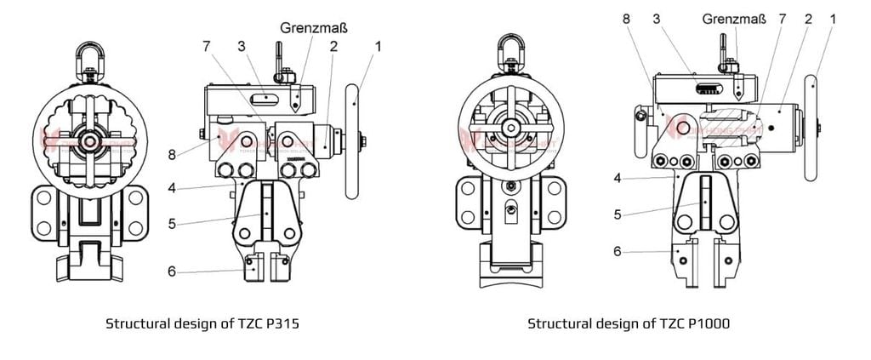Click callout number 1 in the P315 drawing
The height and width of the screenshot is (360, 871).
(379, 47)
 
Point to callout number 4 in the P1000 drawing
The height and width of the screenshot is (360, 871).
(618, 178)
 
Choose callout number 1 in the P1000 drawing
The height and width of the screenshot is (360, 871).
(834, 18)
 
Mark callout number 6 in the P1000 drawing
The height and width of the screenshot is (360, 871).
(618, 251)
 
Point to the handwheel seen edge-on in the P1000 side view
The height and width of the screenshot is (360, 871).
(811, 128)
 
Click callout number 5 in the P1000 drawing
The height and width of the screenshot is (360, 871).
(618, 214)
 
